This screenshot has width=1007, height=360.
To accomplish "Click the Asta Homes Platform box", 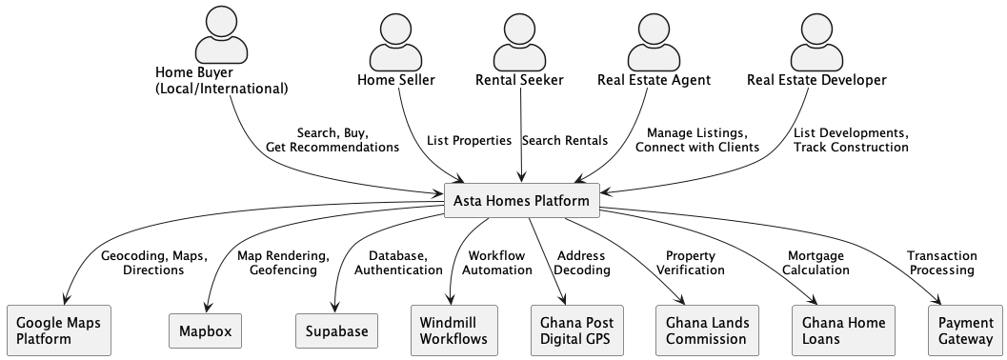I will pyautogui.click(x=523, y=201).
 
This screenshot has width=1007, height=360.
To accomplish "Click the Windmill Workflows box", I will pyautogui.click(x=453, y=330).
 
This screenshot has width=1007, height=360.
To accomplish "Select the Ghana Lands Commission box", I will pyautogui.click(x=708, y=330).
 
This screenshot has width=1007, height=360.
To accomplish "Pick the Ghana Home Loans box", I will pyautogui.click(x=837, y=330).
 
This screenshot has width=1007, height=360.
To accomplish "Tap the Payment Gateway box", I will pyautogui.click(x=965, y=330).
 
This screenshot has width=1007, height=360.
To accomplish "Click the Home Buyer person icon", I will pyautogui.click(x=221, y=35).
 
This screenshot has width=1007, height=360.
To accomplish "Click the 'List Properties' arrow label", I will pyautogui.click(x=469, y=141).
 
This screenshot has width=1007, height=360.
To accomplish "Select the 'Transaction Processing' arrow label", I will pyautogui.click(x=940, y=263).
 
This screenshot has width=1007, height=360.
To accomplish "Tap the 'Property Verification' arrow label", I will pyautogui.click(x=690, y=263).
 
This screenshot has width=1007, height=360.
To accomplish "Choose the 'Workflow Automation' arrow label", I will pyautogui.click(x=496, y=263).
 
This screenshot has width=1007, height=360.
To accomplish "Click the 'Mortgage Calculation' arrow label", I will pyautogui.click(x=817, y=263).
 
